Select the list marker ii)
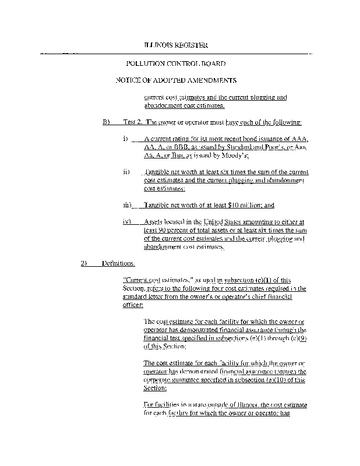coord(126,173)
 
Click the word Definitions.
coord(118,263)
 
